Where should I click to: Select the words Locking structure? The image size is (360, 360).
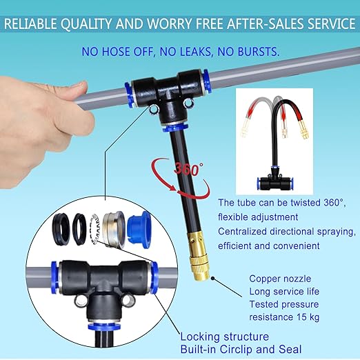coord(224,337)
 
